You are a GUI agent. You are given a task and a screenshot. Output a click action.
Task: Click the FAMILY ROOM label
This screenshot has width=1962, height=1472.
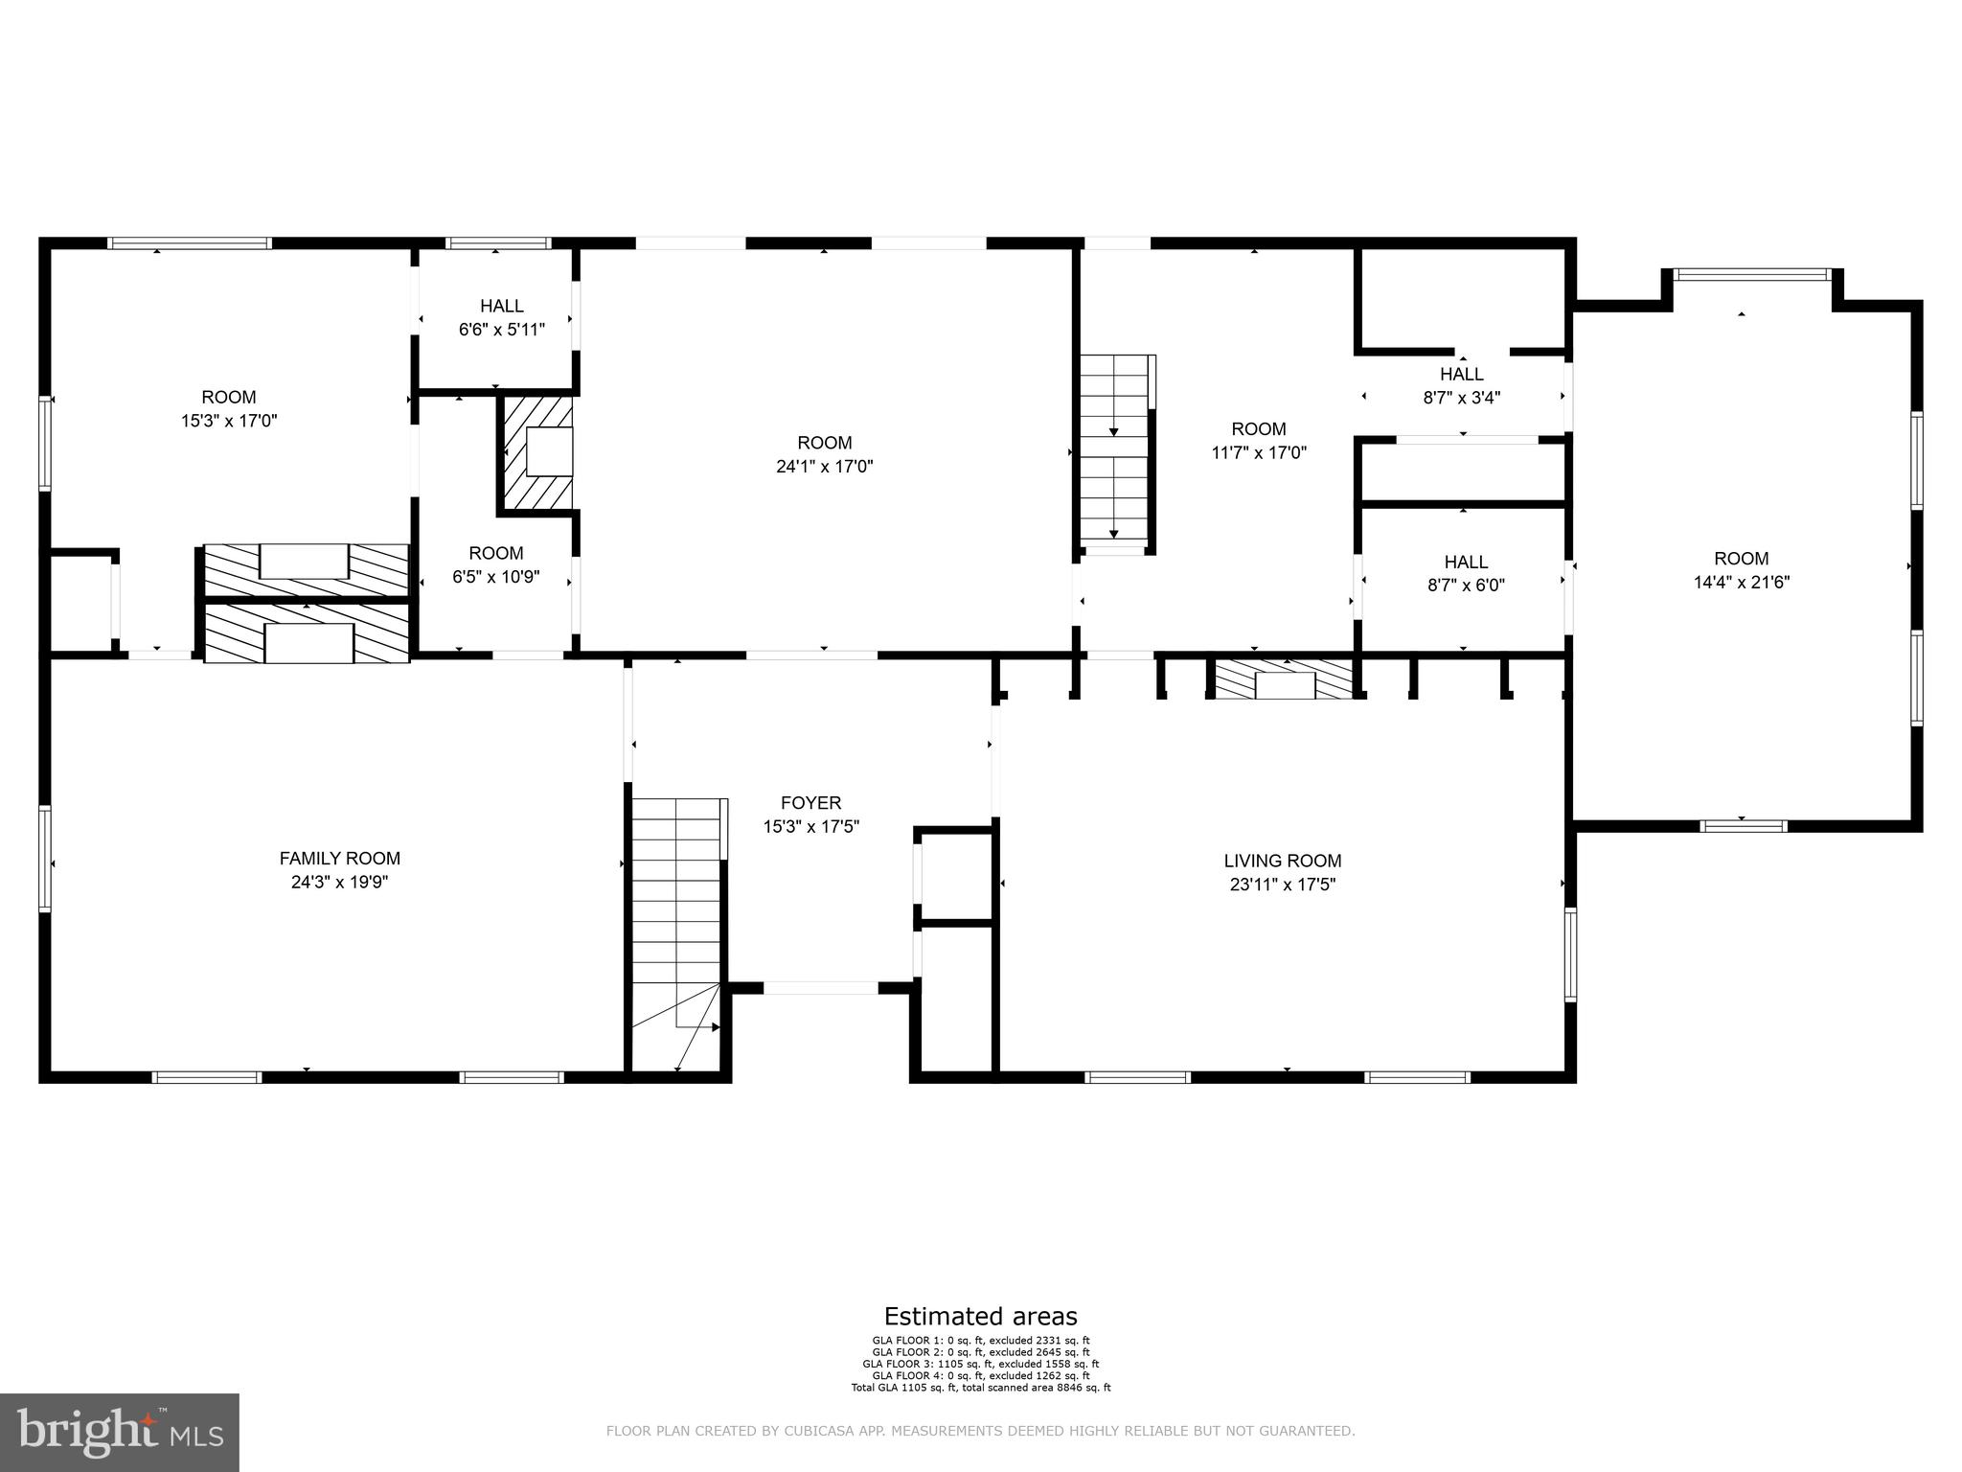339,859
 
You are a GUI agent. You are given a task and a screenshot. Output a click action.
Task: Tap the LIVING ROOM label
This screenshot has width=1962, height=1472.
1282,861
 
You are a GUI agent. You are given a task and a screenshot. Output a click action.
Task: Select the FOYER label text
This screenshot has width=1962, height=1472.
810,803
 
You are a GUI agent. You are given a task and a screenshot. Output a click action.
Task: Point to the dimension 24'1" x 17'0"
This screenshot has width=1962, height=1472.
824,467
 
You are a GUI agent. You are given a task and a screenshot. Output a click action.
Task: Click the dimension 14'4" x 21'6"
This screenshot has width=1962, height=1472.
1741,582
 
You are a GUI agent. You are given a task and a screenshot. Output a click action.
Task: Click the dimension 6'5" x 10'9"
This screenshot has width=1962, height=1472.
496,577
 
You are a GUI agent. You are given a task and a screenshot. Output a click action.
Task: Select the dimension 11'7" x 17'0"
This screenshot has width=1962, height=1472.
1258,452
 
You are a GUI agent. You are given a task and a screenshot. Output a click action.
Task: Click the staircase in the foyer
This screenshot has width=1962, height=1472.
675,920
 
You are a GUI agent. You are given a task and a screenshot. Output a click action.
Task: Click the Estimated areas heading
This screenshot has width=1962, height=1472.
980,1316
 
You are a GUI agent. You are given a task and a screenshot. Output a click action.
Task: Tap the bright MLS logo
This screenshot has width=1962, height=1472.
119,1433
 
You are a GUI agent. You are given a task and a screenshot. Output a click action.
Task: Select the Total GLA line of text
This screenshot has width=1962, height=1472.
980,1387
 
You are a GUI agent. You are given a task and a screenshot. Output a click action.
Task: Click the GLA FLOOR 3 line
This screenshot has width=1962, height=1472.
980,1364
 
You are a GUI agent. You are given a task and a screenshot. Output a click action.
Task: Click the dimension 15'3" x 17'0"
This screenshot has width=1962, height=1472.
229,420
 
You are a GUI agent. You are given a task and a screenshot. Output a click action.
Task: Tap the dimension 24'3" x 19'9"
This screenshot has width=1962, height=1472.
339,882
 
